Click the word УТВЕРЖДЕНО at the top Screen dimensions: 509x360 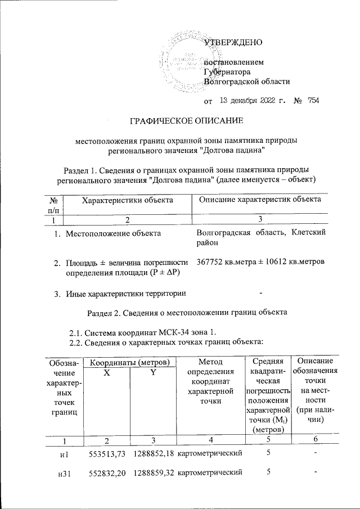click(x=232, y=42)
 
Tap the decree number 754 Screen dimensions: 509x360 click(x=313, y=101)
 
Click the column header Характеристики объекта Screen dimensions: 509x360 click(x=127, y=200)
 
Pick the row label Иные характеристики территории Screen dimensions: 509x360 click(x=127, y=292)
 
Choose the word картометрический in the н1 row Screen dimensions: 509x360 click(x=210, y=453)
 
